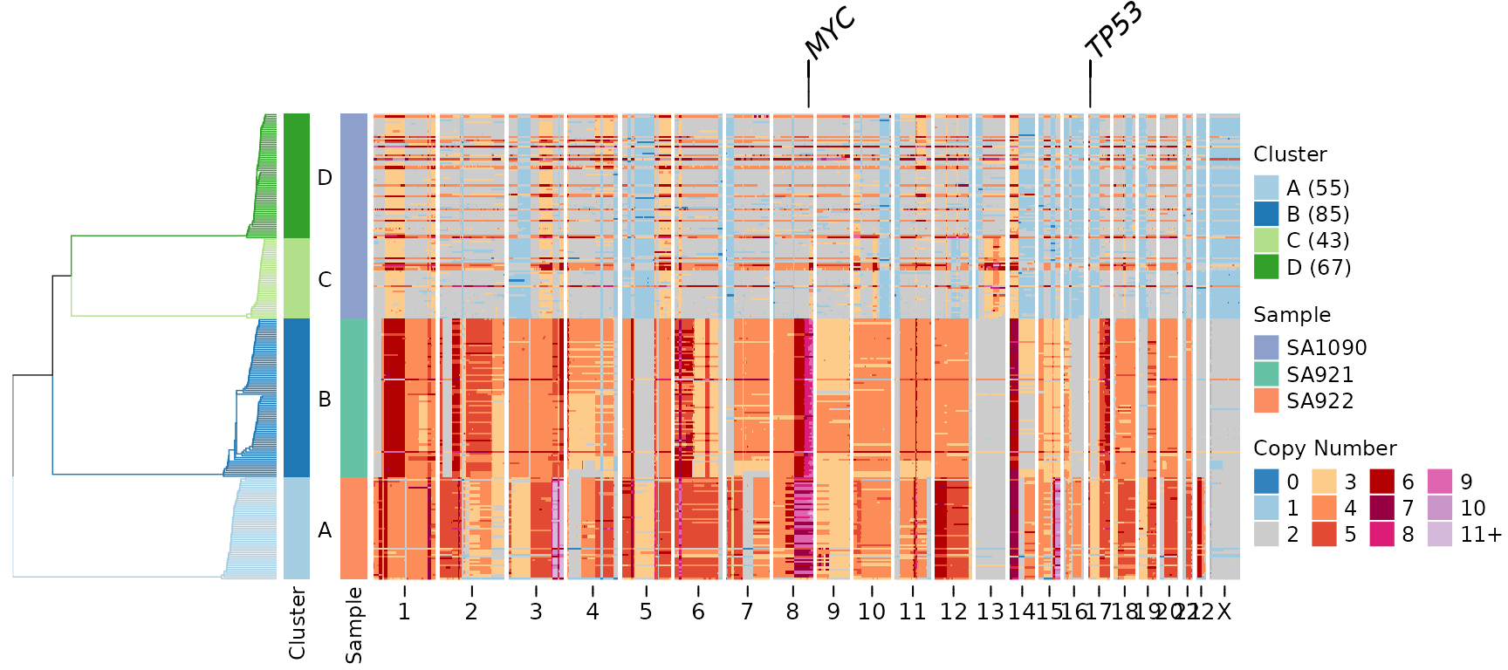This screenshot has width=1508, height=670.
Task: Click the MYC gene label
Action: (830, 34)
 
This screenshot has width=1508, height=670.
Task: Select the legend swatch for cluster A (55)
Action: (1266, 188)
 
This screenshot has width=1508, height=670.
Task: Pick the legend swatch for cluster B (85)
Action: (1266, 214)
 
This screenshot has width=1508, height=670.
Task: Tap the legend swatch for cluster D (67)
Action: (1266, 267)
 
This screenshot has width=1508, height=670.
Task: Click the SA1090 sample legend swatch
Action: (1266, 347)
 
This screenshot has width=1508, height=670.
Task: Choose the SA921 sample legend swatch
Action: (1266, 374)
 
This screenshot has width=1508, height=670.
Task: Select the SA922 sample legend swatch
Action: (1266, 400)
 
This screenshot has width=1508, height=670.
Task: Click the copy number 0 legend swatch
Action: (1266, 482)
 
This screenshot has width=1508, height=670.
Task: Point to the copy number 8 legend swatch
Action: (1381, 534)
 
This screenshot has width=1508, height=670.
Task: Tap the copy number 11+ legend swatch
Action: (1440, 534)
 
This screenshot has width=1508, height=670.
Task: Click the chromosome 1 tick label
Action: (404, 612)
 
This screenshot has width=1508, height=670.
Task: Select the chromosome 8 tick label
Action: (792, 612)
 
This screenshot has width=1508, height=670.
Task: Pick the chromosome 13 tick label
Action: (990, 612)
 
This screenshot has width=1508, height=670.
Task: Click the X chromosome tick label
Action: (1224, 612)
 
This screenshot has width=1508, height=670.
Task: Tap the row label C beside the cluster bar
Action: (325, 279)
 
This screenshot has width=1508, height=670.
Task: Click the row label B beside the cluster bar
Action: (325, 399)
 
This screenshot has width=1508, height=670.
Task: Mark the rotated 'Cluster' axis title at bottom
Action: (298, 623)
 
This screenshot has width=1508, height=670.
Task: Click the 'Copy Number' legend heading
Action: (1325, 448)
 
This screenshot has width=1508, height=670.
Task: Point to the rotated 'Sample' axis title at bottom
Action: (353, 625)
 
